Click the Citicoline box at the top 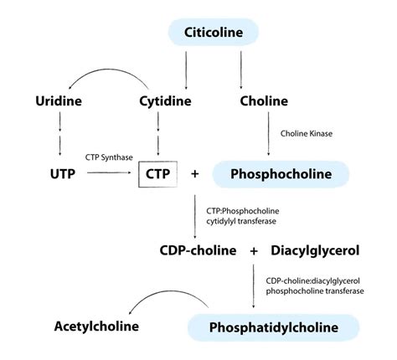(214, 33)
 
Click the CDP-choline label (199, 249)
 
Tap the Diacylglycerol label (314, 249)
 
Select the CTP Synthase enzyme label (110, 157)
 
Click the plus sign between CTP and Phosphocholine (195, 174)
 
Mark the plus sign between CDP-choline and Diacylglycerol (253, 249)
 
